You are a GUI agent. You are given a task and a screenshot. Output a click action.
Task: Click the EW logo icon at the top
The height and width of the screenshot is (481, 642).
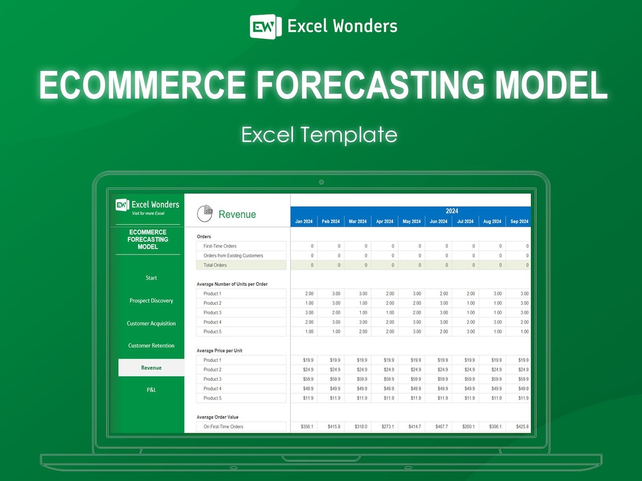[265, 26]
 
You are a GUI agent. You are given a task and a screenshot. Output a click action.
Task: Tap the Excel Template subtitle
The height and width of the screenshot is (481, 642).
[319, 135]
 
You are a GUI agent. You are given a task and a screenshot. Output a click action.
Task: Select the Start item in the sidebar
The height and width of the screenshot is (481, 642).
[151, 278]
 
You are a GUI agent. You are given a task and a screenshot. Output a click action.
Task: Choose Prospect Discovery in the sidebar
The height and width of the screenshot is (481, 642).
[151, 301]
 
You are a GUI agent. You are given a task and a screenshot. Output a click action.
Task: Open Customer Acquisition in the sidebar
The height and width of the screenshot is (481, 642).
[151, 323]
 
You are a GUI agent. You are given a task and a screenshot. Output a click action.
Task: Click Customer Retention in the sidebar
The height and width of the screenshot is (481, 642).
[151, 345]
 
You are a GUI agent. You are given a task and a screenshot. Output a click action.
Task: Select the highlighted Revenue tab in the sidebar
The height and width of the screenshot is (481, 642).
[151, 368]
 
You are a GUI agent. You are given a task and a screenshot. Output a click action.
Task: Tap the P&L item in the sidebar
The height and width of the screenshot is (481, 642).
[151, 390]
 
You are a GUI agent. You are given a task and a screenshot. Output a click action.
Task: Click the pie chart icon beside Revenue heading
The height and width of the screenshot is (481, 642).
[204, 214]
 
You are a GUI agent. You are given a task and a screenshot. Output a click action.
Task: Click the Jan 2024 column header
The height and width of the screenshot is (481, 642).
[304, 222]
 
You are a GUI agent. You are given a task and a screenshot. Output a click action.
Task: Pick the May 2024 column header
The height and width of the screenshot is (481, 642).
[411, 222]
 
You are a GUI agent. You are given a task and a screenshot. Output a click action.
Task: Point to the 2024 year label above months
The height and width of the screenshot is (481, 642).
[452, 211]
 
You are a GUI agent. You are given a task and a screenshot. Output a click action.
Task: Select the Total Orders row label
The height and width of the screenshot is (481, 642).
[215, 265]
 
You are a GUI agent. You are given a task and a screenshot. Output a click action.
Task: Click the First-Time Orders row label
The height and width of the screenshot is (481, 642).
[220, 246]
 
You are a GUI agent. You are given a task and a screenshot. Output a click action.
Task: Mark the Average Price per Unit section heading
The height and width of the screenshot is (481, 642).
[219, 350]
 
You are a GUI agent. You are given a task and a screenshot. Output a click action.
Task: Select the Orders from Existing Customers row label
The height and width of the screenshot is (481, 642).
[233, 255]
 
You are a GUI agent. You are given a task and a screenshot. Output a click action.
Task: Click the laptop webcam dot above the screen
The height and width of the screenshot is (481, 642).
[321, 182]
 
